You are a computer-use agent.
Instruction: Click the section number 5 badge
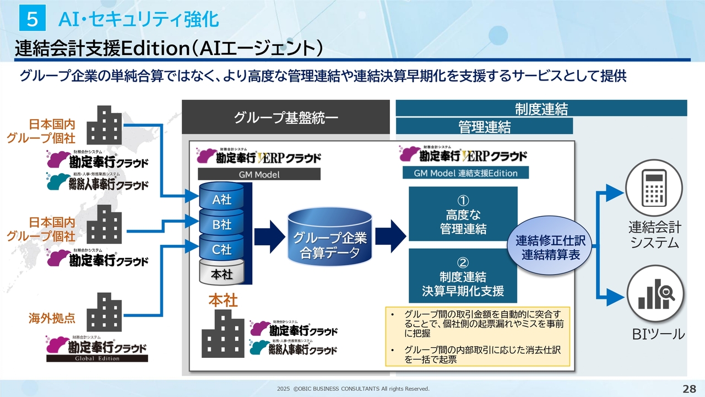(x=32, y=20)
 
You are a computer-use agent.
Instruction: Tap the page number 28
(x=689, y=388)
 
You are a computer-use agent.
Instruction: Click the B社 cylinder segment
(x=222, y=224)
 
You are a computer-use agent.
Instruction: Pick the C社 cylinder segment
(x=222, y=249)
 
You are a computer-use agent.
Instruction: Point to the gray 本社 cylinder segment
(x=222, y=273)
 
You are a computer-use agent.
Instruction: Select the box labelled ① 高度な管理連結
(x=463, y=214)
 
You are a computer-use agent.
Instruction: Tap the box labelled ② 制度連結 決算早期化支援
(x=463, y=276)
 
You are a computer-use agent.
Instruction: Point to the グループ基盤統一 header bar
(x=285, y=117)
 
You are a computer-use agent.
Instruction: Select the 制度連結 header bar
(x=541, y=108)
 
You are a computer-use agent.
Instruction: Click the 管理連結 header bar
(x=484, y=127)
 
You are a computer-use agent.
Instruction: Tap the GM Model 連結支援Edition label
(x=465, y=173)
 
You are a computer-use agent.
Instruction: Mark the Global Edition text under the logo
(x=97, y=358)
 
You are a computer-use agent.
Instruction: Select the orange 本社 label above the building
(x=223, y=301)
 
